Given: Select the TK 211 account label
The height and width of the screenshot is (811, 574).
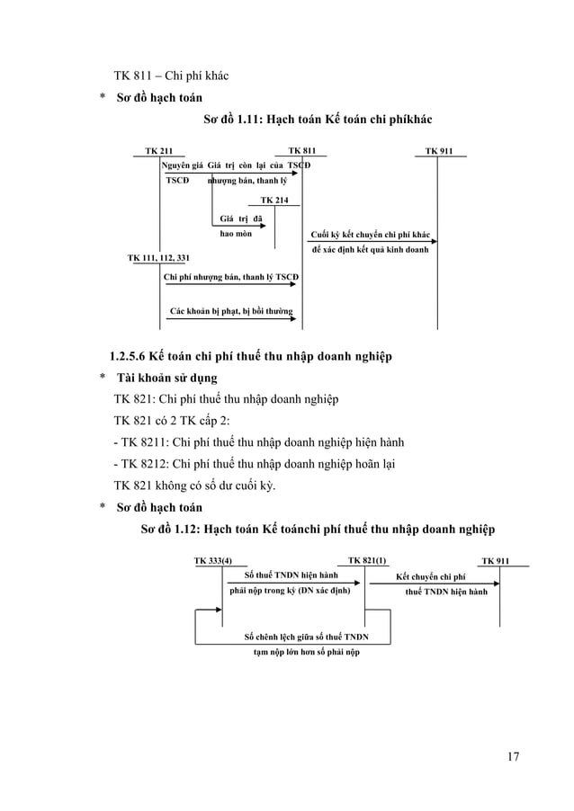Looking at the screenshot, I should [x=159, y=150].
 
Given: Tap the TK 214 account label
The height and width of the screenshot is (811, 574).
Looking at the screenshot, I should [x=274, y=199].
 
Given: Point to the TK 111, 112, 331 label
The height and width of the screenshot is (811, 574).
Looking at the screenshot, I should [x=158, y=257].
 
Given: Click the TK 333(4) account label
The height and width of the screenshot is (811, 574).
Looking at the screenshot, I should [x=212, y=561].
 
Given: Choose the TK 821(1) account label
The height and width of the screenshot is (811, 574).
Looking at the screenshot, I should [x=367, y=561].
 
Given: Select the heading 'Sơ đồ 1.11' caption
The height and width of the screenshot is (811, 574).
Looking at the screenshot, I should [x=318, y=119].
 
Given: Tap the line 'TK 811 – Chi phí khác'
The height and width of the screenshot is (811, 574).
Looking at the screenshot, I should [x=170, y=75].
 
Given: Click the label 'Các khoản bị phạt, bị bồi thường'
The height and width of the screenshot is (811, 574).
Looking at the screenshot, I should [x=232, y=311].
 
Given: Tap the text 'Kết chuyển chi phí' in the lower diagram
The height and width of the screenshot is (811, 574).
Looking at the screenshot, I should [x=431, y=575].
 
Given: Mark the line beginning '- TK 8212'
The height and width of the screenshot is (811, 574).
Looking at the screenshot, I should [x=254, y=465].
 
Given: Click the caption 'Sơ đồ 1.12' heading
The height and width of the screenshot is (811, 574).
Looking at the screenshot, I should [x=318, y=528].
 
